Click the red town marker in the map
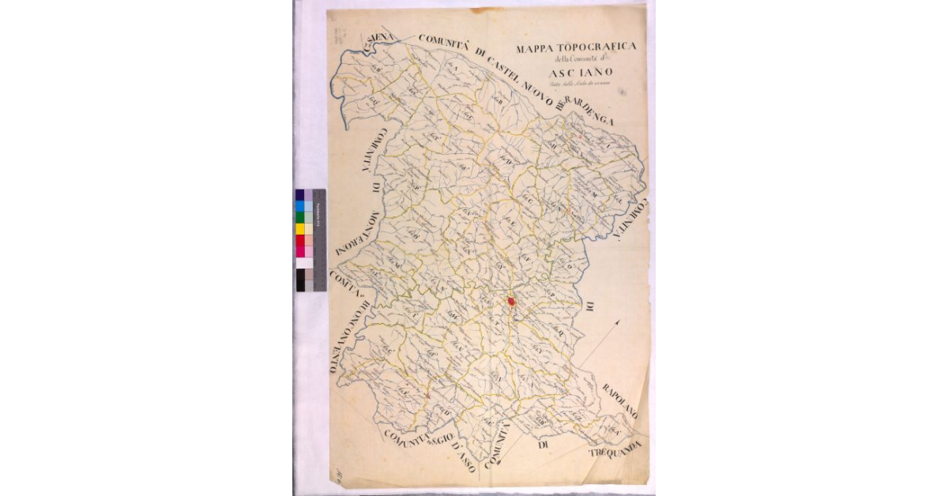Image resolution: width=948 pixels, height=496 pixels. (512, 301)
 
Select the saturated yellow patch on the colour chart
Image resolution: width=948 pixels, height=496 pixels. (300, 229)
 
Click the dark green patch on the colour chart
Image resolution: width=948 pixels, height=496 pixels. (300, 217)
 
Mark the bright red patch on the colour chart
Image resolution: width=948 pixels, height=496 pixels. (300, 240)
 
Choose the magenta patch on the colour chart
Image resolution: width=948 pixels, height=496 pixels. (300, 251)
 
